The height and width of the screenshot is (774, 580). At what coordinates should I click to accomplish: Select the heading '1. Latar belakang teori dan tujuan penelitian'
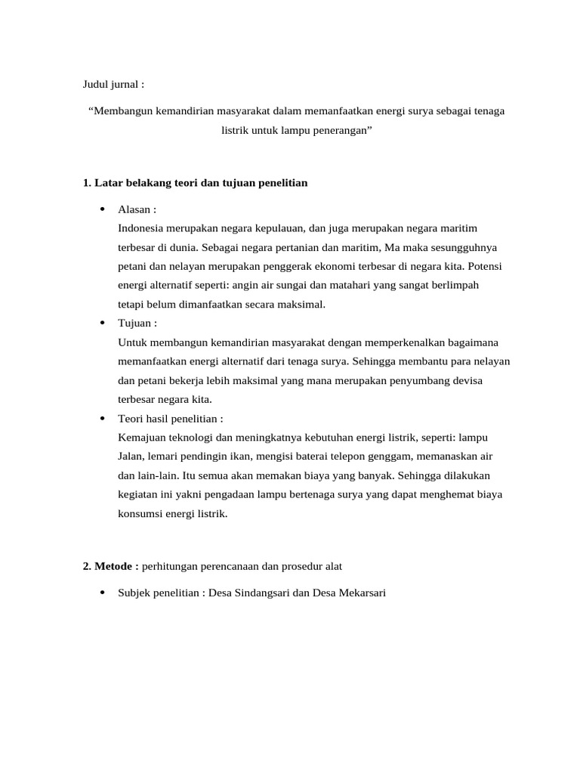click(x=196, y=184)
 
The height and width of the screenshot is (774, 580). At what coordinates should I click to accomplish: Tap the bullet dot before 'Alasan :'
click(x=101, y=209)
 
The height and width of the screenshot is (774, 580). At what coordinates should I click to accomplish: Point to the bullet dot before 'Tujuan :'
click(x=101, y=323)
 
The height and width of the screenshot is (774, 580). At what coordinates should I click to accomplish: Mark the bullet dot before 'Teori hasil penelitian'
click(x=101, y=418)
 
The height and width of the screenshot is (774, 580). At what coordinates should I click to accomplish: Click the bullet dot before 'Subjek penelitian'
click(x=101, y=593)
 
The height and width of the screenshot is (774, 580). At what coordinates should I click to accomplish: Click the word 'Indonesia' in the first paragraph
click(x=141, y=228)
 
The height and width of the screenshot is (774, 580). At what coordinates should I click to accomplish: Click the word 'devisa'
click(x=467, y=380)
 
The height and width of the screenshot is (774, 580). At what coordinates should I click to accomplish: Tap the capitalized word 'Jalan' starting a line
click(x=130, y=457)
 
